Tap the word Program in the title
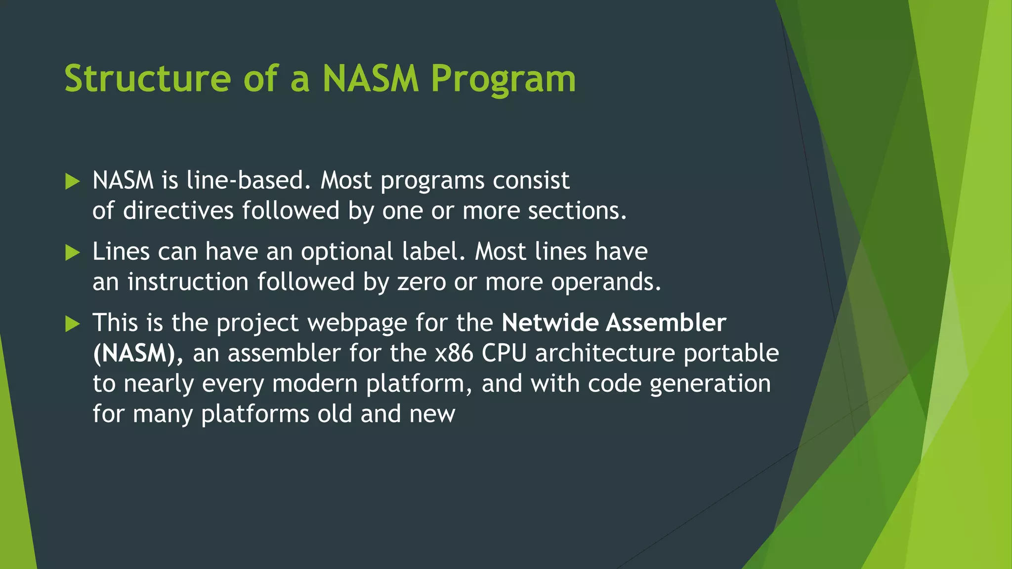pyautogui.click(x=503, y=79)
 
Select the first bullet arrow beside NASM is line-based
pyautogui.click(x=72, y=181)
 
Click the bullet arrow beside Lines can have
pyautogui.click(x=72, y=253)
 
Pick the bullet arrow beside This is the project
pyautogui.click(x=72, y=324)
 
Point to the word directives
pyautogui.click(x=178, y=211)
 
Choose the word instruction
pyautogui.click(x=188, y=282)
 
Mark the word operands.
pyautogui.click(x=606, y=283)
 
